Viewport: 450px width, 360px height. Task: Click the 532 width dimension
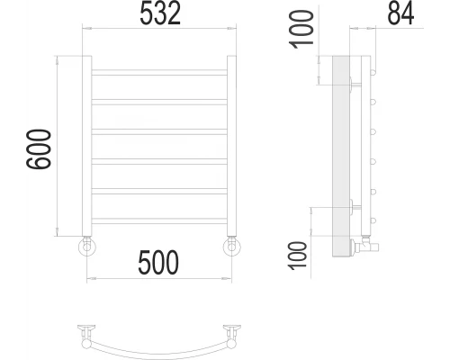(159, 13)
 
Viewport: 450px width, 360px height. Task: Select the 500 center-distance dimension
(159, 263)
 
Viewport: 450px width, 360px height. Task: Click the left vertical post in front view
(87, 144)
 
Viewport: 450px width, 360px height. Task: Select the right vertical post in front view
(231, 144)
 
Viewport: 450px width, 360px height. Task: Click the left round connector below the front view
(86, 246)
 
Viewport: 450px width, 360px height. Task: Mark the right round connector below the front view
(231, 246)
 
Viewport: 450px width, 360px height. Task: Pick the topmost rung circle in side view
(373, 69)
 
